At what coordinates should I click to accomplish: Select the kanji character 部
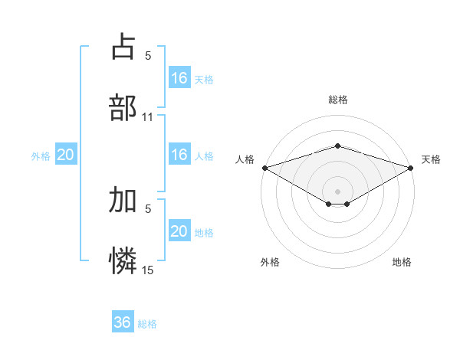[123, 108]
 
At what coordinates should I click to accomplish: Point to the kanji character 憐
[123, 261]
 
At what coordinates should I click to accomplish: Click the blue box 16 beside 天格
[179, 77]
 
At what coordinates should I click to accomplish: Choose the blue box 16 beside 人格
[179, 155]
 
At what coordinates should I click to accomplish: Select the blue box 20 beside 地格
[179, 231]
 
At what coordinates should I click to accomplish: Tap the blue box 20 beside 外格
[66, 155]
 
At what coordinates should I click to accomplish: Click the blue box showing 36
[123, 322]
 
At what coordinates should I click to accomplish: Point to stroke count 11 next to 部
[148, 117]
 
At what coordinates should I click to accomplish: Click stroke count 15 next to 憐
[148, 270]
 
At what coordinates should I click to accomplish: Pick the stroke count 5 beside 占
[148, 55]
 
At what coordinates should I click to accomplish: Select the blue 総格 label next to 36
[147, 324]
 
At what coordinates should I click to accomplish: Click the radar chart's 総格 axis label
[338, 100]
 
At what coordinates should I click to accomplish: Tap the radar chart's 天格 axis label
[431, 159]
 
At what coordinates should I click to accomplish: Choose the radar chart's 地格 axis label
[402, 262]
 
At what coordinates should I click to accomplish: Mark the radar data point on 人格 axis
[264, 167]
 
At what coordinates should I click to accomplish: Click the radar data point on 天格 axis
[411, 167]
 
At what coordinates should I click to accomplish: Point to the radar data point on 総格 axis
[338, 146]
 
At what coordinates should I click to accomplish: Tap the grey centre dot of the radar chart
[338, 191]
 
